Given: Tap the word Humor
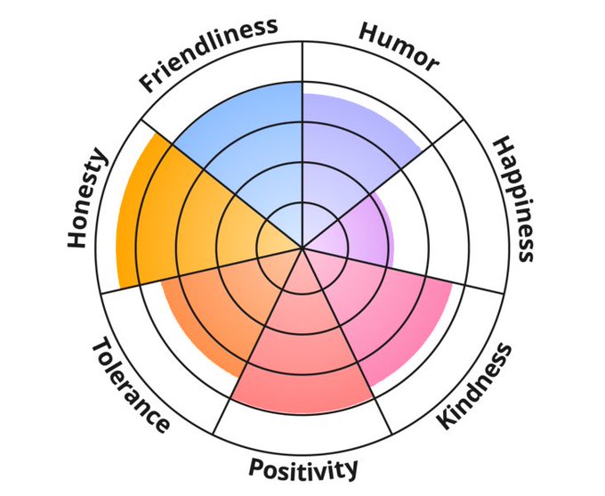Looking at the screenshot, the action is pyautogui.click(x=398, y=46).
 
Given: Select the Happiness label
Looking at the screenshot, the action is pyautogui.click(x=514, y=199).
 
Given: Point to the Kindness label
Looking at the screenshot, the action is pyautogui.click(x=476, y=385).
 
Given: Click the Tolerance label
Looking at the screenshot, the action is pyautogui.click(x=130, y=385).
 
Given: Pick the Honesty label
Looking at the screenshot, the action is pyautogui.click(x=86, y=198).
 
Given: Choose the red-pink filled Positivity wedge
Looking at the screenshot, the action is pyautogui.click(x=302, y=356).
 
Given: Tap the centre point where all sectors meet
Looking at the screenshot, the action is pyautogui.click(x=302, y=247).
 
